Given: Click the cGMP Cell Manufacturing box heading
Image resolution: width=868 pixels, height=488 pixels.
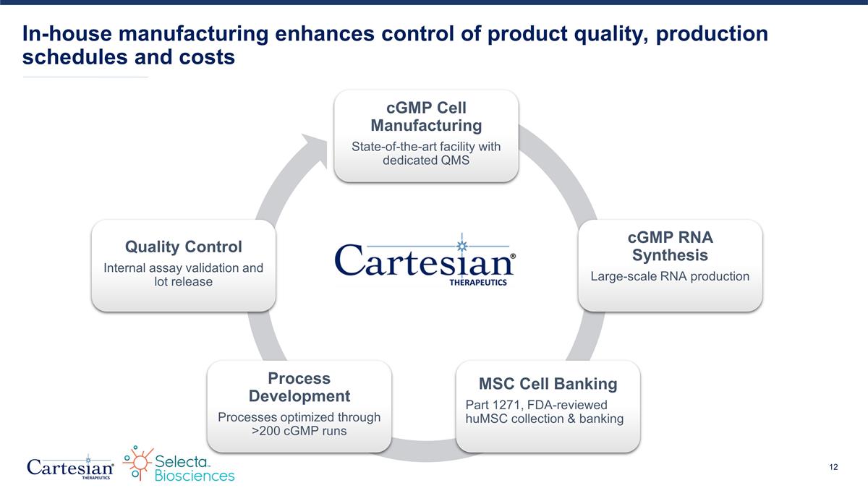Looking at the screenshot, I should (425, 116).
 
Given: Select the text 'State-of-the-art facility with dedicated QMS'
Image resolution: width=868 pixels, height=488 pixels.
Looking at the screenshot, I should (425, 153).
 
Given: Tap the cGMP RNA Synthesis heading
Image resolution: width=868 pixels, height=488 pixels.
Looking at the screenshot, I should (670, 247).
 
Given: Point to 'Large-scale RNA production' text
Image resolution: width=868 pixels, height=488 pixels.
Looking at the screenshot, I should (670, 276).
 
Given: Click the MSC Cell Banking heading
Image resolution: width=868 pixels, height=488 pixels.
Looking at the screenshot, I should (548, 382).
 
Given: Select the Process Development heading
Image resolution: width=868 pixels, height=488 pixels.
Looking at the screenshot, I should (299, 387).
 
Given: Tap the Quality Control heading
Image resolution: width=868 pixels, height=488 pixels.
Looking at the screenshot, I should (183, 247).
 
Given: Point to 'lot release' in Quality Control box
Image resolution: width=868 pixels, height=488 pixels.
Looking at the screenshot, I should (183, 281).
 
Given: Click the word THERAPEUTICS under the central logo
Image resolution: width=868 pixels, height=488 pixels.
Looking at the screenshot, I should (474, 283).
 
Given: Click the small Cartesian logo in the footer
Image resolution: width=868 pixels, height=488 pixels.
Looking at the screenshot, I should (69, 466).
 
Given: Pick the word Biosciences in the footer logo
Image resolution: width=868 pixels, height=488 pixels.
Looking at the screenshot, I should (195, 475).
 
